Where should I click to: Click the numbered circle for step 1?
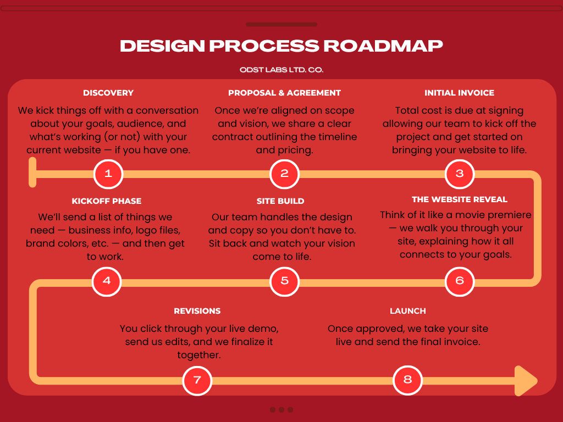tap(108, 174)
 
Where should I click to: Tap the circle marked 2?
tap(284, 174)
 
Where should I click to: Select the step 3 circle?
tap(460, 174)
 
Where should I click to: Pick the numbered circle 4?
tap(107, 281)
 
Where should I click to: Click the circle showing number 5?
tap(284, 281)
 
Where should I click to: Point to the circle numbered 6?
tap(460, 281)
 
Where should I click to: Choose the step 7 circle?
tap(197, 380)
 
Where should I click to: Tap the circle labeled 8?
tap(407, 380)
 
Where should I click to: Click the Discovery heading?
tap(108, 93)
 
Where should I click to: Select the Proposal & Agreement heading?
tap(284, 93)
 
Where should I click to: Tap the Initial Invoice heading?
tap(459, 93)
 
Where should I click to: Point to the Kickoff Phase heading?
tap(107, 201)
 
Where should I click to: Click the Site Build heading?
tap(280, 201)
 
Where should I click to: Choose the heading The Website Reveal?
tap(460, 199)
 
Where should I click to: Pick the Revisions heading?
tap(197, 311)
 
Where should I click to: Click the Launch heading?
tap(408, 311)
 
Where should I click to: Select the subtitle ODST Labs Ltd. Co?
tap(281, 70)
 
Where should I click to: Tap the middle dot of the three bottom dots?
tap(281, 409)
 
